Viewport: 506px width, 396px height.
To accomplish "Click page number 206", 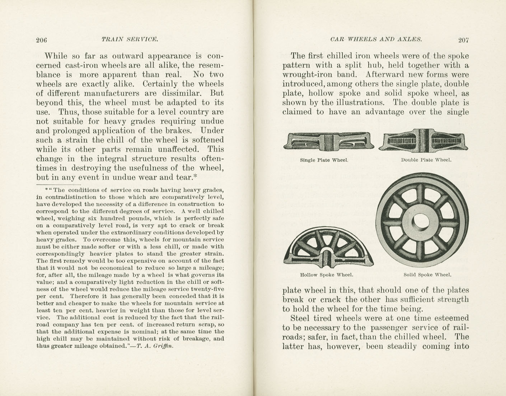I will click(42, 40).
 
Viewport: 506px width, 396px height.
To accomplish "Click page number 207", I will click(463, 40).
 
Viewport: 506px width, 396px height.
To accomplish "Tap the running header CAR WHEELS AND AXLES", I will click(376, 39).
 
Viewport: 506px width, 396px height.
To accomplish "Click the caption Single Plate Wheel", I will click(324, 160).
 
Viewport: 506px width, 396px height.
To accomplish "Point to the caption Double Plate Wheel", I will click(426, 160).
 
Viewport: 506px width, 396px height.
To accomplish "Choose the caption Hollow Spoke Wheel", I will click(327, 275).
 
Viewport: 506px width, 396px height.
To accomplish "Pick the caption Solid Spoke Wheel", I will click(427, 275).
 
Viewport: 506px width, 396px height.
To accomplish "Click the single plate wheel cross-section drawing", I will click(329, 141).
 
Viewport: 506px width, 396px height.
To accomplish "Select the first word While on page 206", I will click(55, 56).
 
